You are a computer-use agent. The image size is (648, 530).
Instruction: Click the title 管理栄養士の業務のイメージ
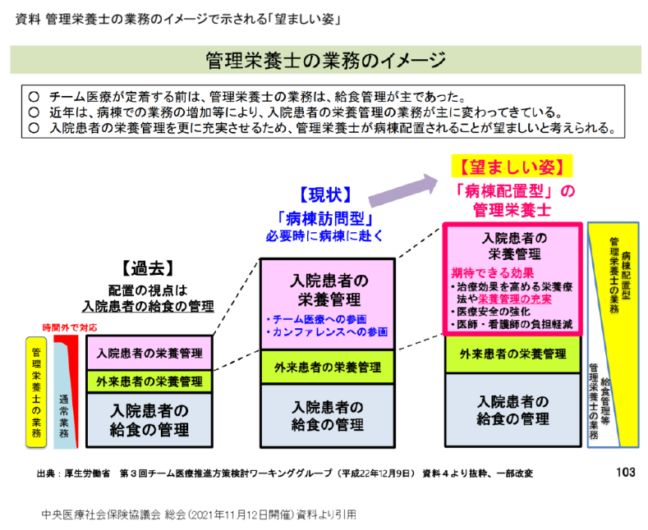coord(324,60)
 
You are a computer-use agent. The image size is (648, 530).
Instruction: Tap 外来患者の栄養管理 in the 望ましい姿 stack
coord(512,354)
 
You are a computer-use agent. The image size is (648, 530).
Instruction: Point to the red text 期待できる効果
coord(493,272)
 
